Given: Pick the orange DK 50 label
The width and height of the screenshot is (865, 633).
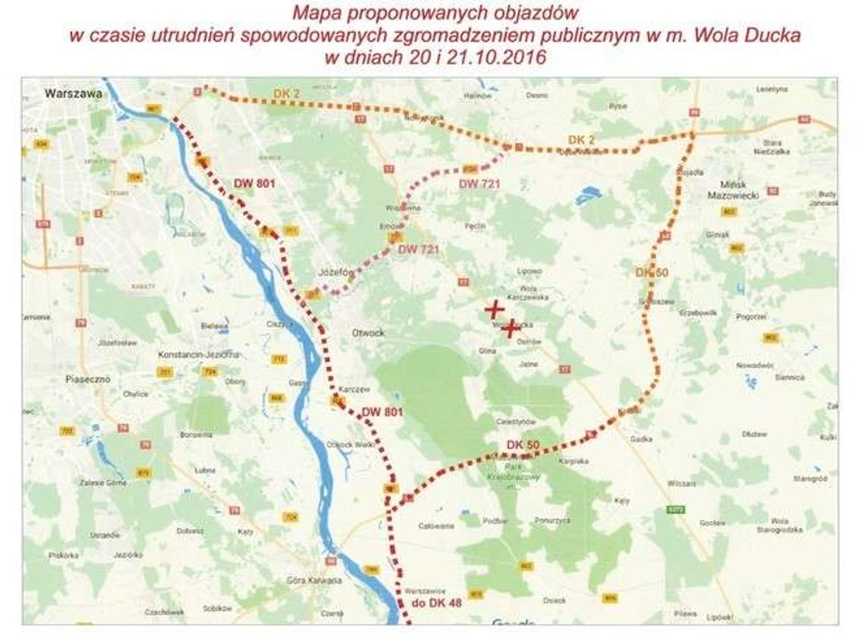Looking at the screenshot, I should click(652, 271).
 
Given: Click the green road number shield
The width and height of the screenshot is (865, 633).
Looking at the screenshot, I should click(671, 509).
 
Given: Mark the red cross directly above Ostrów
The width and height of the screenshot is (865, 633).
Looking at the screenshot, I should click(511, 328).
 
